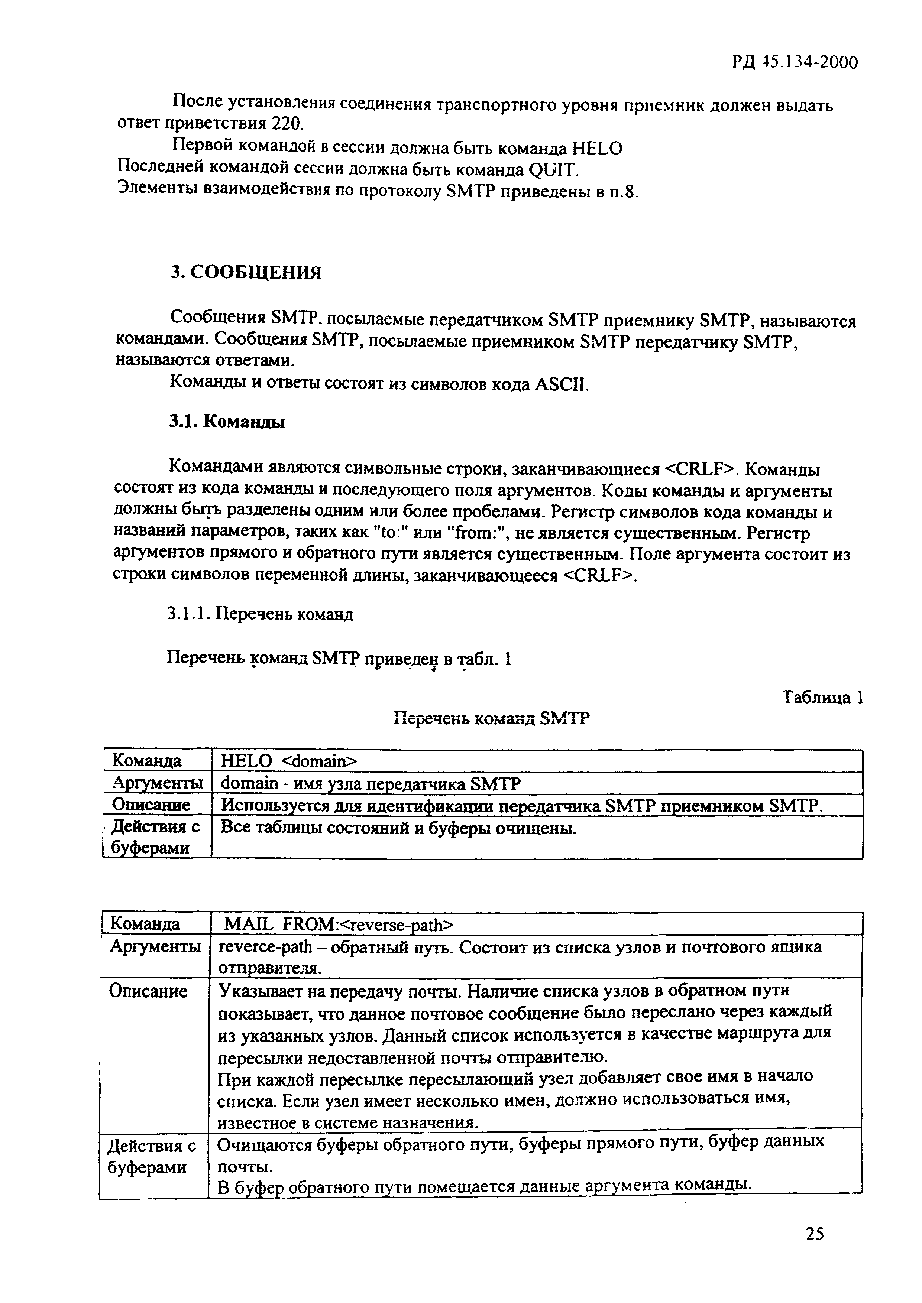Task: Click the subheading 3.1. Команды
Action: [227, 422]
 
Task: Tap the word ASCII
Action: [559, 385]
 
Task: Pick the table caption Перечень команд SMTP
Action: [492, 719]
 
